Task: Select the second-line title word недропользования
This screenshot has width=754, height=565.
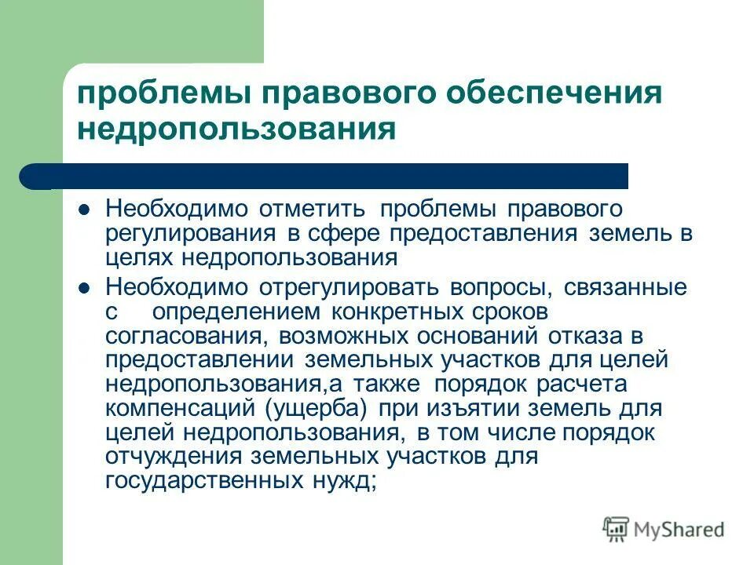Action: click(x=247, y=129)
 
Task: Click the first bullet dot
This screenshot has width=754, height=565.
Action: click(x=86, y=210)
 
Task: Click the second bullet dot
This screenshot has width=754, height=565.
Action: click(x=86, y=288)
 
